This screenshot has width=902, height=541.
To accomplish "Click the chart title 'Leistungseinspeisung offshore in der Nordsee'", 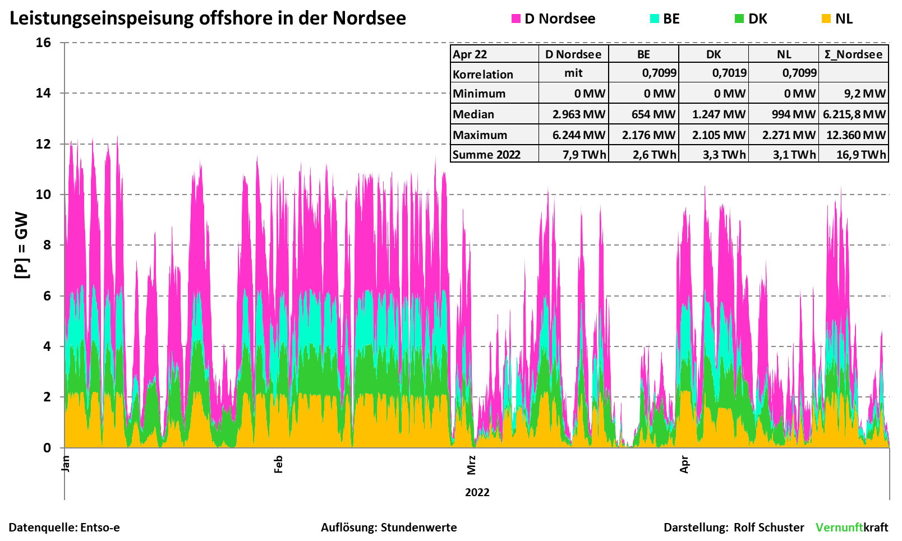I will click(x=208, y=18).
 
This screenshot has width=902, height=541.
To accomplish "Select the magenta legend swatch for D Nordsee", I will click(x=516, y=19).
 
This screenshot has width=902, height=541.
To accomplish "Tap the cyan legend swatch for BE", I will click(x=655, y=19).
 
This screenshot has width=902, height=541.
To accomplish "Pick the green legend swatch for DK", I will click(x=739, y=19).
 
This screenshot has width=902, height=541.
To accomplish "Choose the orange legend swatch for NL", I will click(x=826, y=19).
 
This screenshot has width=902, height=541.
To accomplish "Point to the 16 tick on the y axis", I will click(x=43, y=43).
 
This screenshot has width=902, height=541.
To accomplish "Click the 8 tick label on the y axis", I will click(x=43, y=245).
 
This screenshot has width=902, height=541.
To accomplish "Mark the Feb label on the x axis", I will click(x=278, y=464).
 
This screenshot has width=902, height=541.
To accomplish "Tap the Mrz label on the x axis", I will click(x=471, y=465).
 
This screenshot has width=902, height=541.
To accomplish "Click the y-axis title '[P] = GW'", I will click(x=21, y=245).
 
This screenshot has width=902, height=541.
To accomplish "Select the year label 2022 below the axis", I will click(x=477, y=492).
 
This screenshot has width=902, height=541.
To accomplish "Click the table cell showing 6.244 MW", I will click(x=579, y=135).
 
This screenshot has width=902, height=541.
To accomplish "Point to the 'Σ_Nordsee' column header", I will click(x=853, y=54).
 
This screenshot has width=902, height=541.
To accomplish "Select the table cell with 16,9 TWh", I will click(x=861, y=155).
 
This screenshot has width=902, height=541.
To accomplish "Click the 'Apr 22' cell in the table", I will click(x=470, y=54).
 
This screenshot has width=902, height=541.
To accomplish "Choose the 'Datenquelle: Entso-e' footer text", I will click(x=65, y=528).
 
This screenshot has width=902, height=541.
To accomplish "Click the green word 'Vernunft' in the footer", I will click(x=839, y=528).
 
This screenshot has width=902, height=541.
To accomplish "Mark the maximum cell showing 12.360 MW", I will click(x=855, y=135).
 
